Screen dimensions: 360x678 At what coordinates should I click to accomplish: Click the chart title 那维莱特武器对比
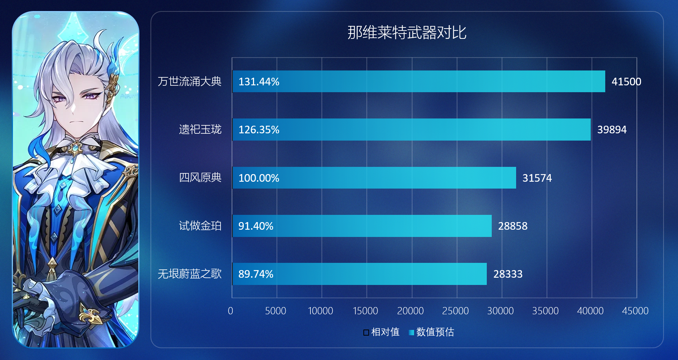407,33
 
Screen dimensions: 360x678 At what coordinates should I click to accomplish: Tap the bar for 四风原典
374,178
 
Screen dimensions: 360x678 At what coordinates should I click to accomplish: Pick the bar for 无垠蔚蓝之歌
359,274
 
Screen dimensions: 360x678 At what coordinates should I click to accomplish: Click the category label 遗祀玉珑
200,130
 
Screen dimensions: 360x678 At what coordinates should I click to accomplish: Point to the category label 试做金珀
200,226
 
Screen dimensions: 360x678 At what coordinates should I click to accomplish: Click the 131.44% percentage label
259,82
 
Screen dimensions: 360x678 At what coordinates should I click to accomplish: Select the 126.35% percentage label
259,130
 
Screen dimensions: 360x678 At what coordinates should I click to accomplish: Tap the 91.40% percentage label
256,226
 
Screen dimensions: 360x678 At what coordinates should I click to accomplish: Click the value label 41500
626,82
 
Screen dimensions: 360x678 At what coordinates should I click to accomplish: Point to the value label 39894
612,130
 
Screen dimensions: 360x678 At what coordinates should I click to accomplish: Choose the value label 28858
513,226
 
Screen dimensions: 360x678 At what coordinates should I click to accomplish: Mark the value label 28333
508,274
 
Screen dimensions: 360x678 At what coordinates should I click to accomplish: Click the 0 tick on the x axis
230,311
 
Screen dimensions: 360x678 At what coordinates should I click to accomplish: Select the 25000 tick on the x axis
455,311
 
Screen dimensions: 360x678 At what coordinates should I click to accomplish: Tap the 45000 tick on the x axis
635,311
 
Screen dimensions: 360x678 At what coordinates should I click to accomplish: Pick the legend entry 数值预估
432,332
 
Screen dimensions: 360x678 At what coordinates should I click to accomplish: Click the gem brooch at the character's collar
75,147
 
